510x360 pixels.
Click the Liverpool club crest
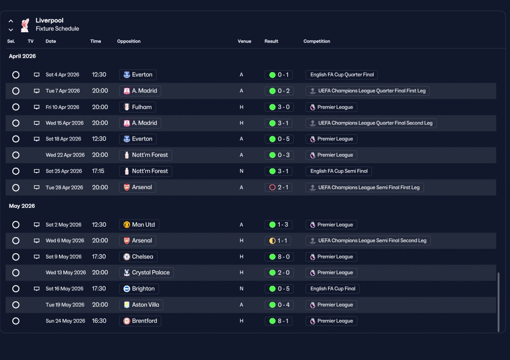(25, 25)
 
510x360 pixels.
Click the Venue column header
(244, 41)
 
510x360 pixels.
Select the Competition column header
(316, 41)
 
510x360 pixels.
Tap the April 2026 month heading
(22, 56)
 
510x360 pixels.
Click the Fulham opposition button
(137, 107)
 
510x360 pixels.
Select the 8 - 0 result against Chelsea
(279, 257)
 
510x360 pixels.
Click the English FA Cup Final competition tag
(332, 289)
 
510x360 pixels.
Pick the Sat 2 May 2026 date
(63, 225)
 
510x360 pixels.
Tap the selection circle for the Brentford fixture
(16, 321)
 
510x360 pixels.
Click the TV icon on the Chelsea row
(37, 257)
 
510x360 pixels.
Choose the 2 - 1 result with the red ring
(279, 187)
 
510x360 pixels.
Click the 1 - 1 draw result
(278, 241)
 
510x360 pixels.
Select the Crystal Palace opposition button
(146, 273)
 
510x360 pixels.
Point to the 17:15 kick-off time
(98, 171)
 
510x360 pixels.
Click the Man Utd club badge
(127, 225)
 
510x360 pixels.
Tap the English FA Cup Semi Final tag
(339, 171)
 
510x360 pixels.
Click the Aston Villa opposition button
(141, 305)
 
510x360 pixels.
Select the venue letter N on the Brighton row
(241, 289)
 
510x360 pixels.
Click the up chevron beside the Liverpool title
(11, 21)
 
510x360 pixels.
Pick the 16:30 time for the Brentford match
(99, 321)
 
